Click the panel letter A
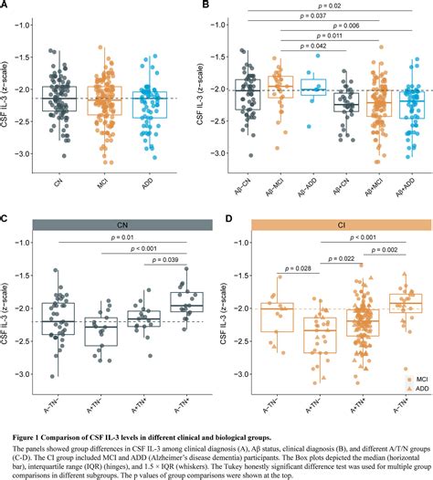click(7, 7)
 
